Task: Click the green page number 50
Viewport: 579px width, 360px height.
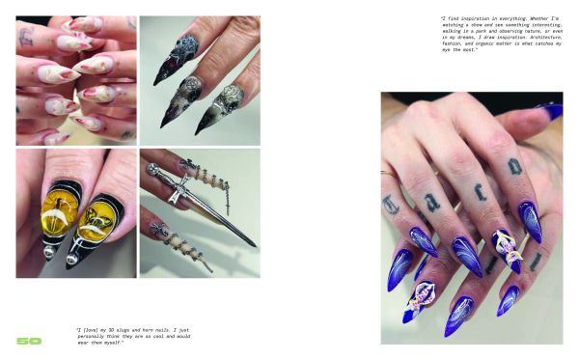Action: click(28, 341)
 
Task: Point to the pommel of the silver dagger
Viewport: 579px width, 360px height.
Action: click(152, 169)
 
